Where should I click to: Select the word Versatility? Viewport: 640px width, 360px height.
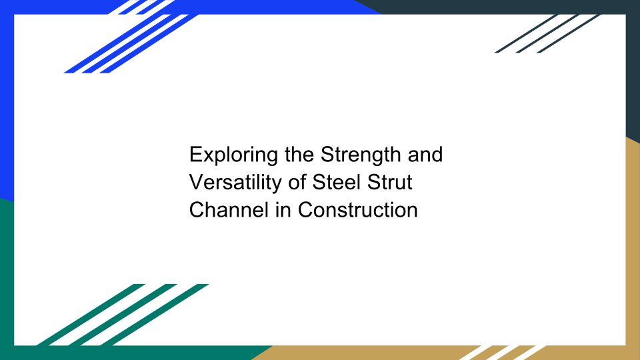click(x=235, y=182)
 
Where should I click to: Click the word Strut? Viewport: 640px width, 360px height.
click(x=390, y=182)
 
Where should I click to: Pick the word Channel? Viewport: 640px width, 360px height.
click(x=229, y=210)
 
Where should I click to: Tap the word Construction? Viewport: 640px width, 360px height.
click(x=357, y=210)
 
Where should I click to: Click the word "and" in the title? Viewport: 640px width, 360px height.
click(x=425, y=155)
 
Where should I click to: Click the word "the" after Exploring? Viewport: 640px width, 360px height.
click(x=299, y=155)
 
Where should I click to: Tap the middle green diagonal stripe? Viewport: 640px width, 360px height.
click(x=123, y=315)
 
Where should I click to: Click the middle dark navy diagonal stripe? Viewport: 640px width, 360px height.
click(x=547, y=33)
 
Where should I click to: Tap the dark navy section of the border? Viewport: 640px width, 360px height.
click(x=633, y=61)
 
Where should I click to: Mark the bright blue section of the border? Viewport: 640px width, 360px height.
click(x=7, y=102)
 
